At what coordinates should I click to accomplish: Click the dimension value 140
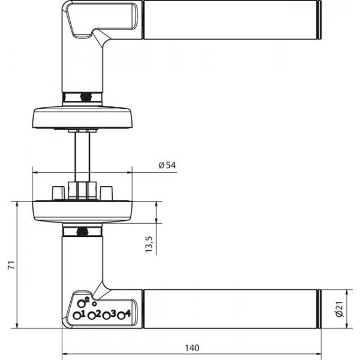(x=192, y=348)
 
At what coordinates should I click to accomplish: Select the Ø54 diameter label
(x=167, y=165)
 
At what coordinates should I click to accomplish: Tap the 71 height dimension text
(x=11, y=265)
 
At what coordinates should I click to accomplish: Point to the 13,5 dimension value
(x=149, y=244)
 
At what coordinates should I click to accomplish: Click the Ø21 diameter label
(x=340, y=309)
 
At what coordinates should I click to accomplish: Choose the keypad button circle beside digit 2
(x=92, y=316)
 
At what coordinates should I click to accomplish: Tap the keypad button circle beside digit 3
(x=106, y=316)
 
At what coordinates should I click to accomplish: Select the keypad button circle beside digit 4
(x=121, y=316)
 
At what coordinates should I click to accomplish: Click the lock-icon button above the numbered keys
(x=81, y=304)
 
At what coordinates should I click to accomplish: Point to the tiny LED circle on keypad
(x=94, y=304)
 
